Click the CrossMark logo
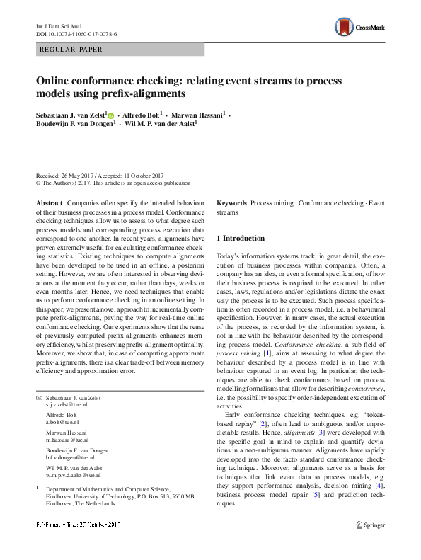click(360, 28)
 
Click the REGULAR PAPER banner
click(120, 50)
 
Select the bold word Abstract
click(49, 203)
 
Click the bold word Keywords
click(231, 203)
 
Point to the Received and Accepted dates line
click(100, 176)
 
